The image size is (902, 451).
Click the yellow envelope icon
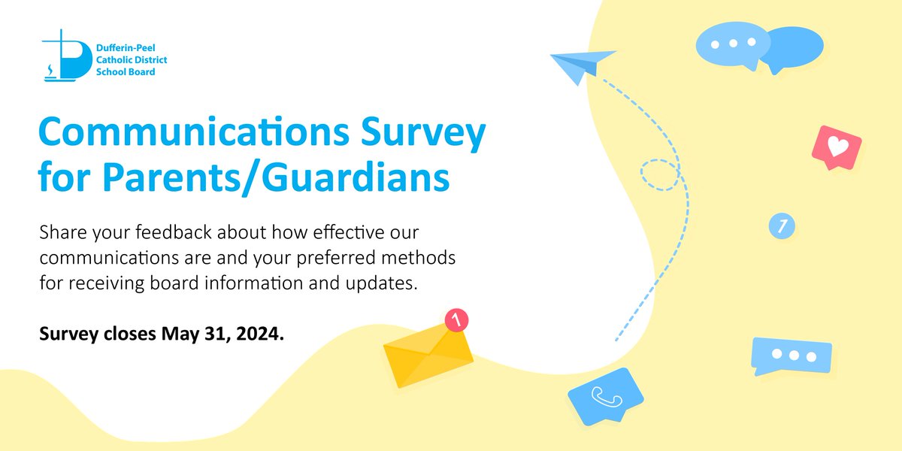pyautogui.click(x=428, y=354)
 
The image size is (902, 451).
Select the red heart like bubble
pyautogui.click(x=836, y=145)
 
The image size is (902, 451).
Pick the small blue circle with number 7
pyautogui.click(x=781, y=225)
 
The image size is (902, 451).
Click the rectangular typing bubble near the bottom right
pyautogui.click(x=791, y=355)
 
